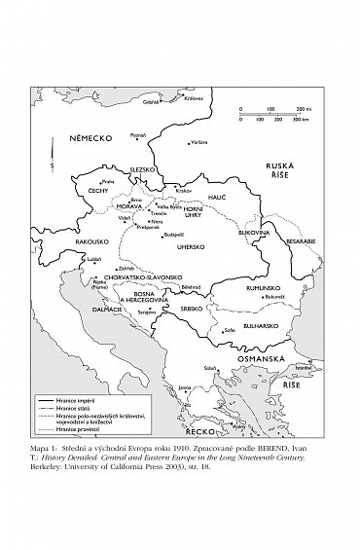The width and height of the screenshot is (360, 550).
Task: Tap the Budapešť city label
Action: [x=174, y=234]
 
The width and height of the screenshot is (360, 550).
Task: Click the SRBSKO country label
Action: [x=190, y=309]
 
